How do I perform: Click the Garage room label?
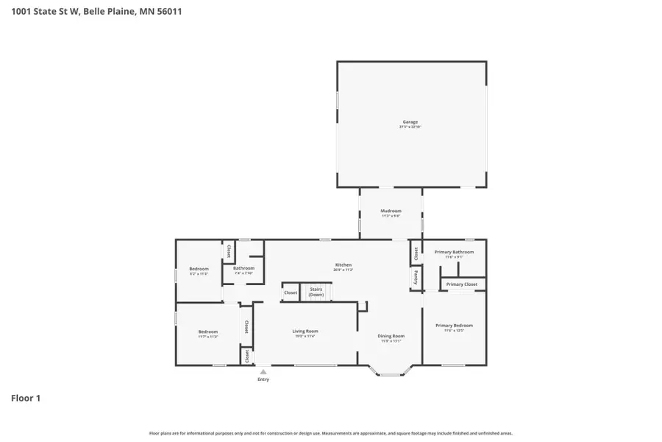(x=410, y=122)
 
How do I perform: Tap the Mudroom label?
(x=391, y=211)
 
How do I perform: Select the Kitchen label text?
(x=344, y=264)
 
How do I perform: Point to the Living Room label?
(x=305, y=331)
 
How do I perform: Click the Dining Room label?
(x=392, y=336)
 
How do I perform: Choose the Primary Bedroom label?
(x=454, y=325)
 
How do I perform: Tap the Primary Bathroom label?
(x=454, y=252)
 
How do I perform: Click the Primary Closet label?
(x=462, y=284)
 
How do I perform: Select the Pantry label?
(x=416, y=278)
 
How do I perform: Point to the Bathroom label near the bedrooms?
(x=243, y=268)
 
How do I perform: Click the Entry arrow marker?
(x=263, y=372)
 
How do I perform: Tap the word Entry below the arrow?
(x=263, y=379)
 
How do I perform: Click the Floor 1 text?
(x=26, y=399)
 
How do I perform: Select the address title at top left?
(x=91, y=11)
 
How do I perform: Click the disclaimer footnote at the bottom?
(x=331, y=433)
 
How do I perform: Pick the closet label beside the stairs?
(x=291, y=292)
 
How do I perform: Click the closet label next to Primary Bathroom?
(x=416, y=253)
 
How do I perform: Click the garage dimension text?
(x=410, y=127)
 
